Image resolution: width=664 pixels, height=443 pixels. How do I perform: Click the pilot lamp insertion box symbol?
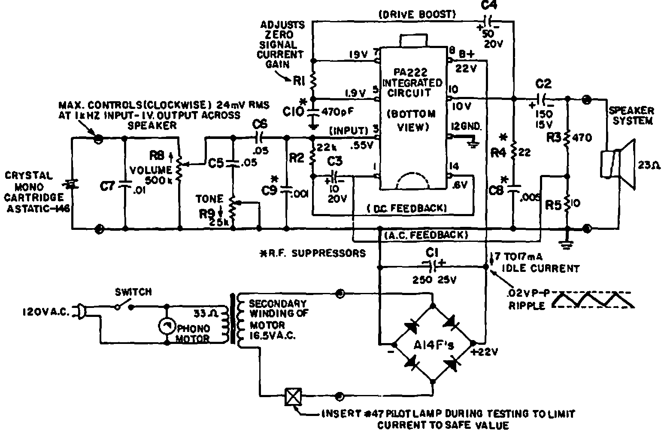(293, 397)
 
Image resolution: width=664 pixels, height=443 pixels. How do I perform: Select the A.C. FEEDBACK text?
(425, 235)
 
